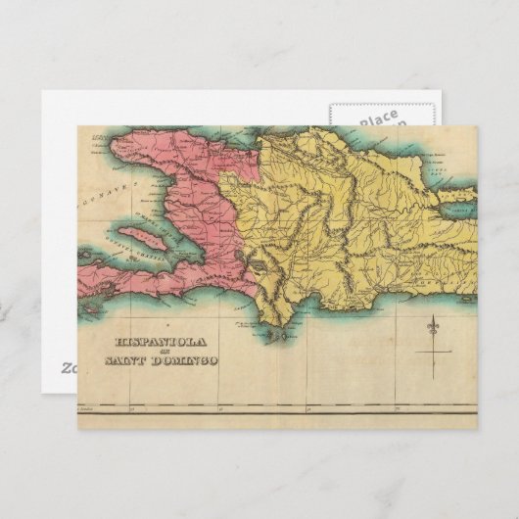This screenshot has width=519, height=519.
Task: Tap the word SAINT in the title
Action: point(131,361)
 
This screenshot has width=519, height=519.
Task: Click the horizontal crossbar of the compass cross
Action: point(432,349)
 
